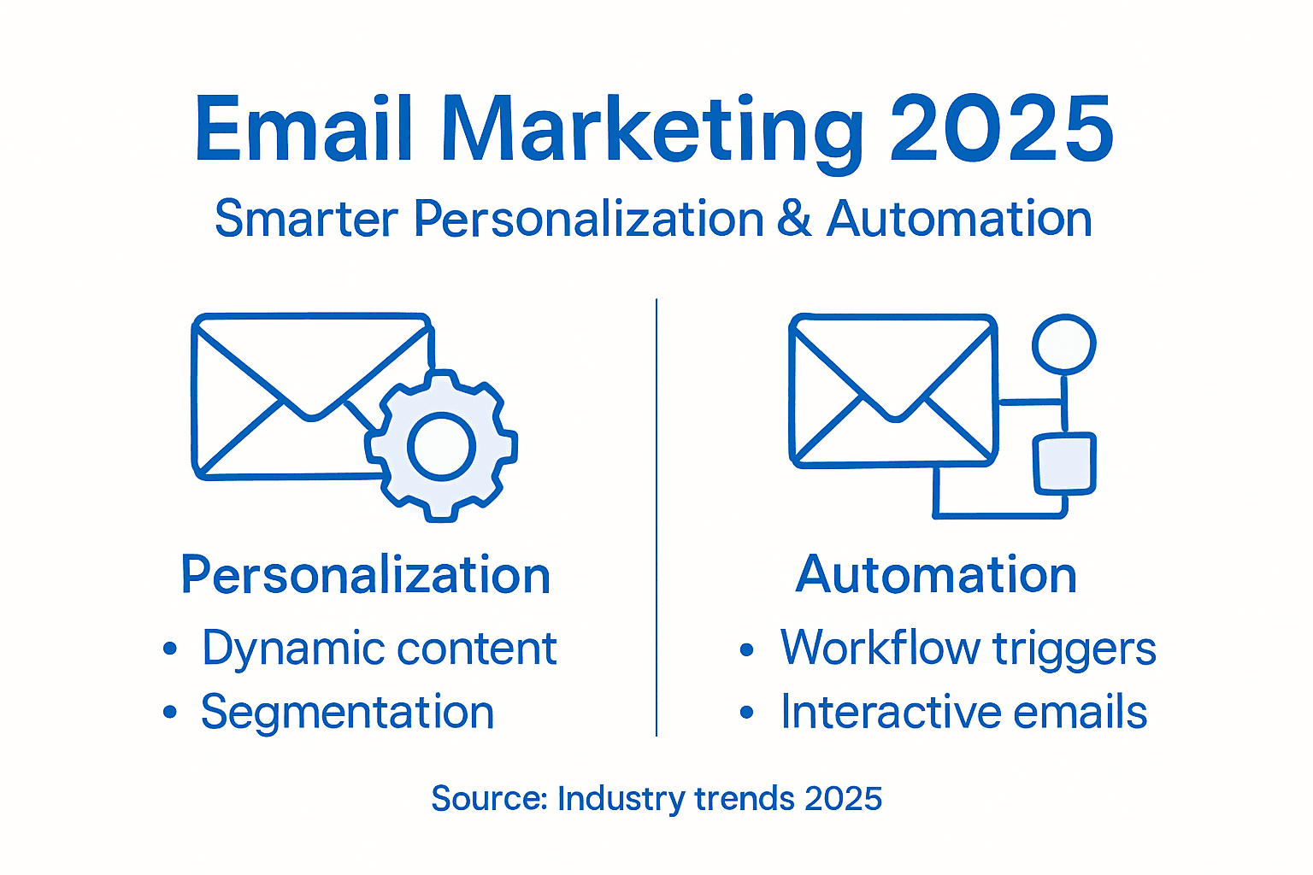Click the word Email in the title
pyautogui.click(x=303, y=130)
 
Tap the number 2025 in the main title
pyautogui.click(x=1002, y=130)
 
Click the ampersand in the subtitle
pyautogui.click(x=794, y=218)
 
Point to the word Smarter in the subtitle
pyautogui.click(x=306, y=219)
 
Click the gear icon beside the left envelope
pyautogui.click(x=441, y=445)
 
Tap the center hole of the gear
pyautogui.click(x=441, y=445)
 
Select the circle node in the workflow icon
pyautogui.click(x=1063, y=344)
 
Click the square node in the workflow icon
pyautogui.click(x=1064, y=464)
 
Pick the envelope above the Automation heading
pyautogui.click(x=893, y=391)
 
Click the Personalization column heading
pyautogui.click(x=366, y=575)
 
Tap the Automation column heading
pyautogui.click(x=936, y=574)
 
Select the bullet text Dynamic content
pyautogui.click(x=380, y=649)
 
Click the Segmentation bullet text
pyautogui.click(x=347, y=712)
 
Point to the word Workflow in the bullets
pyautogui.click(x=880, y=648)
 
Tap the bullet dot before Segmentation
pyautogui.click(x=170, y=712)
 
